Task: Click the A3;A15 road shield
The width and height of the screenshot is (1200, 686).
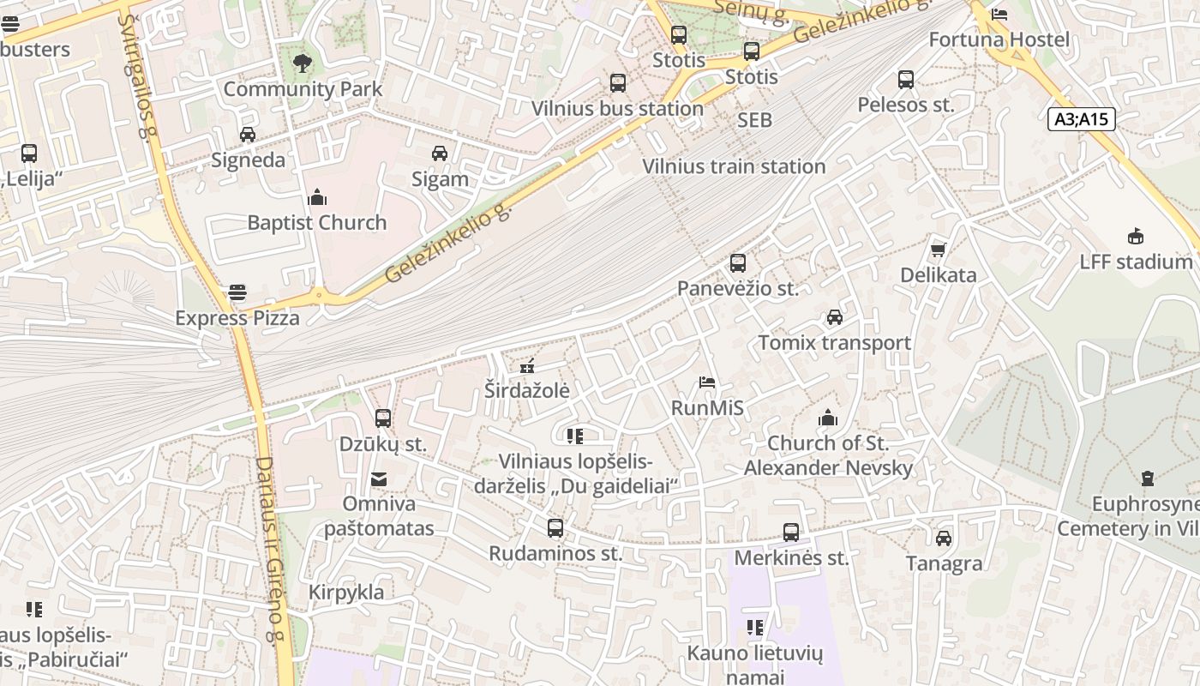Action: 1082,119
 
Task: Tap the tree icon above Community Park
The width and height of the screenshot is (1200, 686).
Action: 302,63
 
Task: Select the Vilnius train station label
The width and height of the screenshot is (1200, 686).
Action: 734,166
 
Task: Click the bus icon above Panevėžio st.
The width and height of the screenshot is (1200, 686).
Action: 738,263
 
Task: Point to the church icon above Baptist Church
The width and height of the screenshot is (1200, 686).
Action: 317,198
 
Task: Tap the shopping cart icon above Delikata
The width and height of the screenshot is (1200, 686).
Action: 938,250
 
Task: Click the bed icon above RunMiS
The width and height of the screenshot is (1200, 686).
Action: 707,382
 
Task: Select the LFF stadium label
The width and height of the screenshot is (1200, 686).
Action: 1136,262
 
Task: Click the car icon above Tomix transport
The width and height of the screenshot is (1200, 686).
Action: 834,317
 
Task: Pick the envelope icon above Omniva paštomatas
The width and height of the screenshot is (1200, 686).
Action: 378,478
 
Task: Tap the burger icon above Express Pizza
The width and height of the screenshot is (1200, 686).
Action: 237,293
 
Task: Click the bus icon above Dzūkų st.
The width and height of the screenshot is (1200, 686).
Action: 383,418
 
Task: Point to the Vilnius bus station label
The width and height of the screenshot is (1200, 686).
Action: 617,109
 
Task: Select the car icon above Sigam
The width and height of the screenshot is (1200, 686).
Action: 440,153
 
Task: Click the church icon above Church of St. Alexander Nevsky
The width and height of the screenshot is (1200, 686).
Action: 828,418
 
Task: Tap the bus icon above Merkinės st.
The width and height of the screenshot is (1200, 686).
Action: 791,533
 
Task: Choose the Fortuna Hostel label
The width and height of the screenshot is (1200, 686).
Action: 999,39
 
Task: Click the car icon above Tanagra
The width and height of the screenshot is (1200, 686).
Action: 944,539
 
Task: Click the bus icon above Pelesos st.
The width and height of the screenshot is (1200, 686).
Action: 906,80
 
